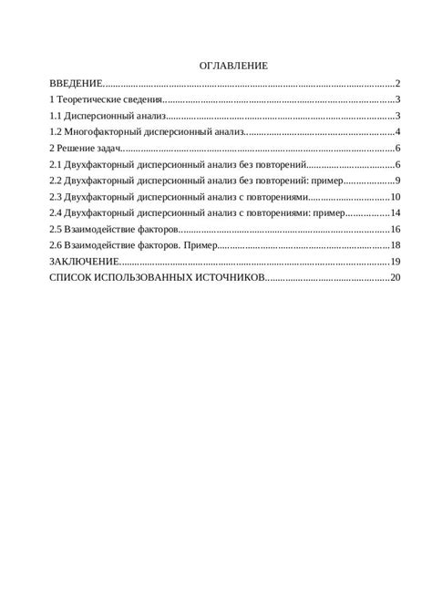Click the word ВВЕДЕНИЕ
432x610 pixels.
pos(77,84)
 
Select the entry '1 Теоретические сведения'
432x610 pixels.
pos(106,100)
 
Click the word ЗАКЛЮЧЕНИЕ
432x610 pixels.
pos(83,262)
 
